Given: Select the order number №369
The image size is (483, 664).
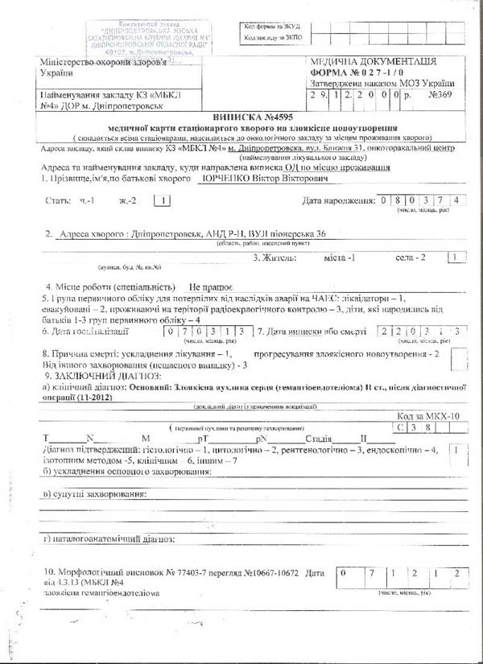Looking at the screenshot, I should [x=441, y=93].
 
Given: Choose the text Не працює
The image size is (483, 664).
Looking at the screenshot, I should [x=211, y=286].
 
